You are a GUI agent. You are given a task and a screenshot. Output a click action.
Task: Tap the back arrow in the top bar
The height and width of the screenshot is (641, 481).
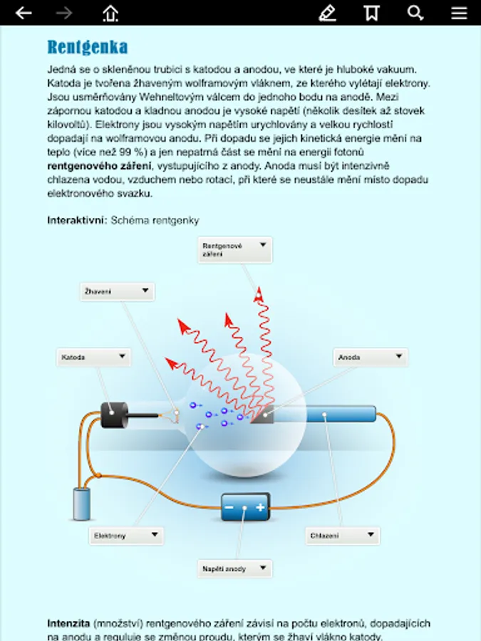click(24, 13)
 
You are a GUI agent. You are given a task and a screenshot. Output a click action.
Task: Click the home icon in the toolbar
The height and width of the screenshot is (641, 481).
click(110, 13)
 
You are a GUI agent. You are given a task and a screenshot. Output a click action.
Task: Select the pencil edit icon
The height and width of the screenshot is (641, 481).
click(327, 13)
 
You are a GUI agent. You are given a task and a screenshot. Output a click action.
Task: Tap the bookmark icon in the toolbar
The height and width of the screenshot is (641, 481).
click(371, 13)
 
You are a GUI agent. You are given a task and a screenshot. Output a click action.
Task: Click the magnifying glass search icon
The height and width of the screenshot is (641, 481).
click(415, 13)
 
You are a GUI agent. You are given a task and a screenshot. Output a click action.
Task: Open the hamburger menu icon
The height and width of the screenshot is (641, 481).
click(459, 13)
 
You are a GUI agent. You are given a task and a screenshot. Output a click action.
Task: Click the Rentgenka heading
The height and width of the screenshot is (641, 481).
click(88, 48)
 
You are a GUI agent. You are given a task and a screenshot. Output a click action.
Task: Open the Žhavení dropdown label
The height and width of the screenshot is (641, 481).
click(118, 291)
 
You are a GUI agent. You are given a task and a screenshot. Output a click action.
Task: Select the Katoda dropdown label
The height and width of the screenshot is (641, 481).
click(93, 357)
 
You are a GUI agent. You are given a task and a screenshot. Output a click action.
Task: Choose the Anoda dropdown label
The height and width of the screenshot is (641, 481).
click(371, 357)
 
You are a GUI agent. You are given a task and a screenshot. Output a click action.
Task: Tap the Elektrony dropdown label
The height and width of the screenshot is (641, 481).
click(127, 536)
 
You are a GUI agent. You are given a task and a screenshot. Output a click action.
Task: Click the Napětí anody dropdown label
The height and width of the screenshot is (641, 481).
click(234, 568)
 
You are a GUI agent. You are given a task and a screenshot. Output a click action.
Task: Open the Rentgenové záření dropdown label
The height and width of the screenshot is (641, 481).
click(234, 249)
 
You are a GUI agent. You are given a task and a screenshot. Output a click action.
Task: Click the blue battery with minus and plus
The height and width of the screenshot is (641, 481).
click(244, 508)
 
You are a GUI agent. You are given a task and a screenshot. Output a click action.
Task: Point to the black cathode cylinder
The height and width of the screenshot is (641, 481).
click(114, 415)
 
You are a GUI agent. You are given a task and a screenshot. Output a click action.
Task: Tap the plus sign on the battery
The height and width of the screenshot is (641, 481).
click(260, 508)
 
